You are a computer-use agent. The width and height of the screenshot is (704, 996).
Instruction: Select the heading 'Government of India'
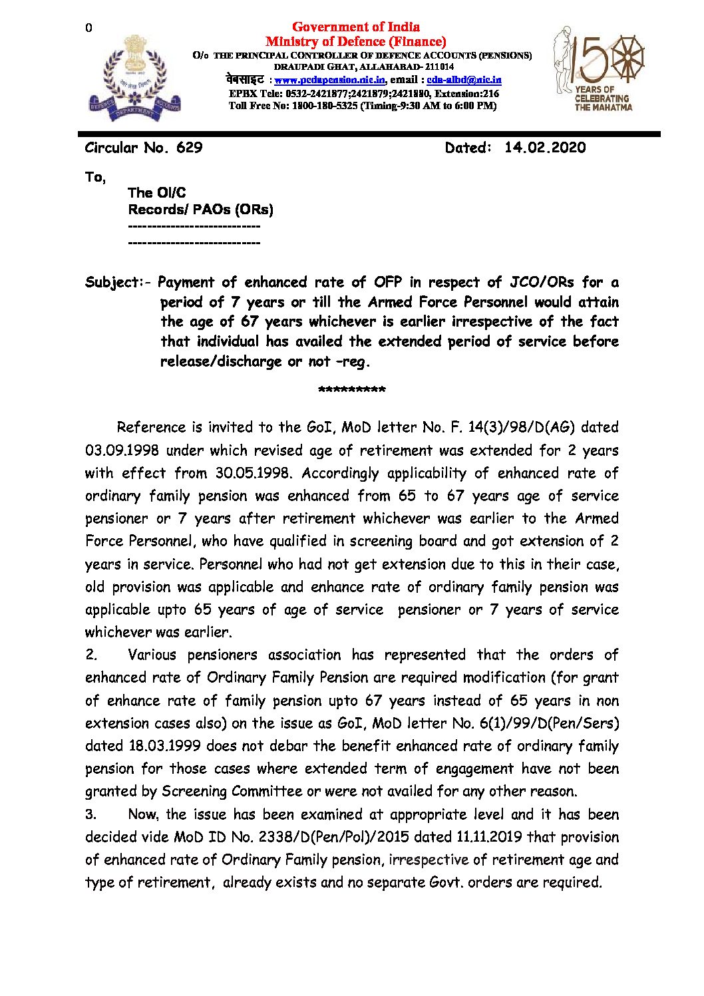tap(355, 27)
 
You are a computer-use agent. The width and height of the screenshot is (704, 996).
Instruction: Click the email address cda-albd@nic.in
tap(464, 80)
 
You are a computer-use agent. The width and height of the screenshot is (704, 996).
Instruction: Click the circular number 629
tap(189, 148)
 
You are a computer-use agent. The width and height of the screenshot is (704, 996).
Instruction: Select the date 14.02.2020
tap(545, 148)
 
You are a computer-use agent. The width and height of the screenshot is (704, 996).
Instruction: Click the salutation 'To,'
tap(95, 177)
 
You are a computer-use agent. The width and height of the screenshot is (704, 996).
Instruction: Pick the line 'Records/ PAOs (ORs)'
tap(200, 210)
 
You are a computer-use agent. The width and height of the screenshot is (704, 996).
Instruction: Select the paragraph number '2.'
tap(91, 655)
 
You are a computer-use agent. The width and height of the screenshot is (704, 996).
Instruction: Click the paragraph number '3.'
tap(91, 814)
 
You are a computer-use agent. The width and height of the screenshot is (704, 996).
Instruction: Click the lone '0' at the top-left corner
tap(88, 28)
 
